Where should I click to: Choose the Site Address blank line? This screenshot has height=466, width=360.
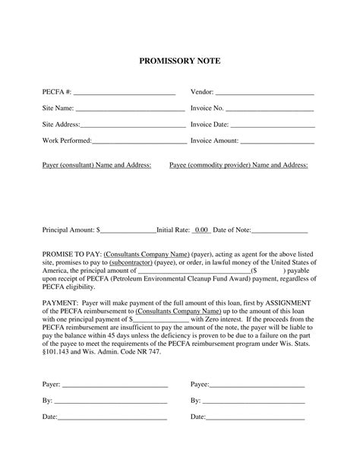(133, 125)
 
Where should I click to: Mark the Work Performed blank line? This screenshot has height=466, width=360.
(139, 141)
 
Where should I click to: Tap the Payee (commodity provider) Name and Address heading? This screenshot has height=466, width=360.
(238, 165)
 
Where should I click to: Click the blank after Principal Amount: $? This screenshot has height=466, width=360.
(128, 230)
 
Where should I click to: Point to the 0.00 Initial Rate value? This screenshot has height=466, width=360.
(201, 229)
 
